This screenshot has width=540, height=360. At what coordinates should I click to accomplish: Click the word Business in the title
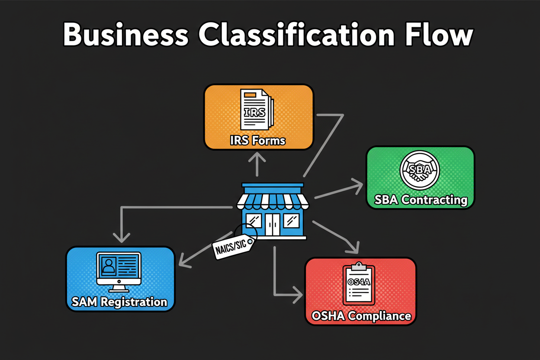coord(126,35)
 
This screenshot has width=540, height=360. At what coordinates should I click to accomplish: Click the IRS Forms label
coord(258,140)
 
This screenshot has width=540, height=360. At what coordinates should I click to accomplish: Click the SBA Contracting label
coord(421,200)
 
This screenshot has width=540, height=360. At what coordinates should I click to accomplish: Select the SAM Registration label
coord(119,302)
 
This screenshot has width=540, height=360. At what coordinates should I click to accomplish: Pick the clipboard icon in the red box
coord(359,284)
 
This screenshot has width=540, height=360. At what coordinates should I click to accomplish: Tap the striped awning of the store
coord(273,200)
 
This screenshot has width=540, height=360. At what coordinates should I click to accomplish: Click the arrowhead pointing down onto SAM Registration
coord(122,238)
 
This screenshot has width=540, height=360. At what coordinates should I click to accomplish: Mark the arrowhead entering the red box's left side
coord(298,296)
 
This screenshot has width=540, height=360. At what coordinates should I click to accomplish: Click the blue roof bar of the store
coord(273,186)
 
